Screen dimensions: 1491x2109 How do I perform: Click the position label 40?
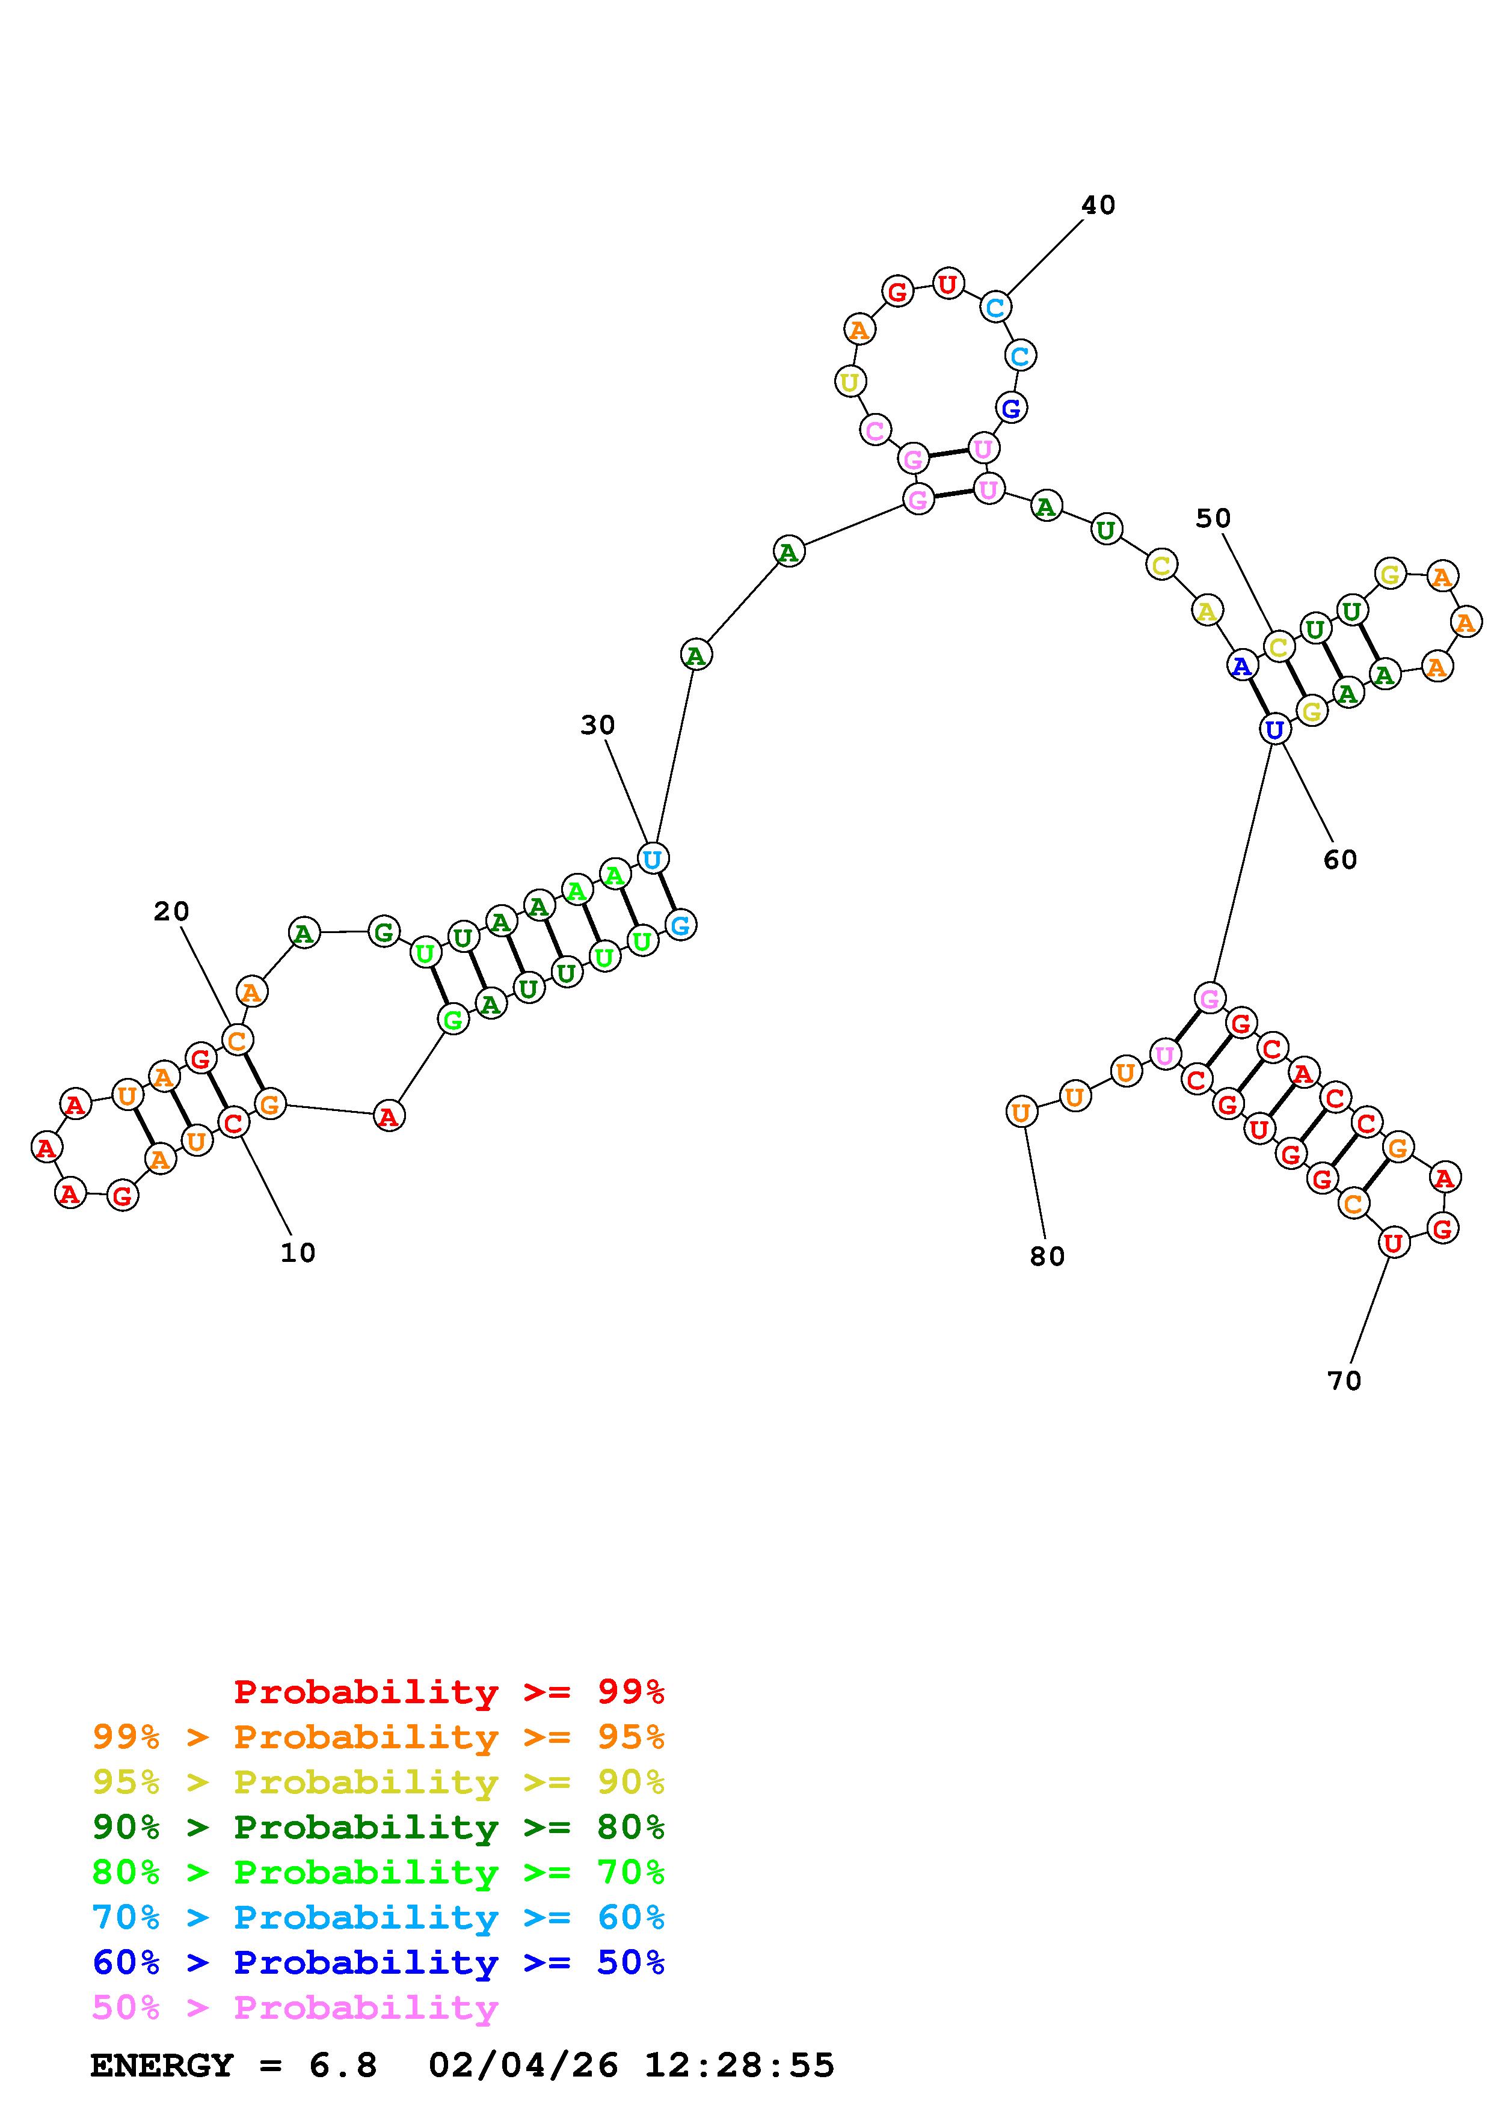1098,205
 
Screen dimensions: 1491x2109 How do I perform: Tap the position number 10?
298,1253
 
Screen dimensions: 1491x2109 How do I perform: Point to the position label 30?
597,726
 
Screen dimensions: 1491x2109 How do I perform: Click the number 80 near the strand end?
1047,1257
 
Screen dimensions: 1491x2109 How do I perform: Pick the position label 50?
1213,519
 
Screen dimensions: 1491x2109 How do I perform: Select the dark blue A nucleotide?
1242,666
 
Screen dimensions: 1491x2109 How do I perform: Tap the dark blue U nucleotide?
1274,730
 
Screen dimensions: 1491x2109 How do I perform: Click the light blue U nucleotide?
652,860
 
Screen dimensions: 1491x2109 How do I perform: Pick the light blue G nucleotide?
680,925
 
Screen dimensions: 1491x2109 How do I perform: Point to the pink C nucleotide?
876,430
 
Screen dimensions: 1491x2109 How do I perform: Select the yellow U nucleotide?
850,381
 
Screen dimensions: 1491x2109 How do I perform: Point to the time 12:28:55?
740,2065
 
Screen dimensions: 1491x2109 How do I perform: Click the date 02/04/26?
523,2065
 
